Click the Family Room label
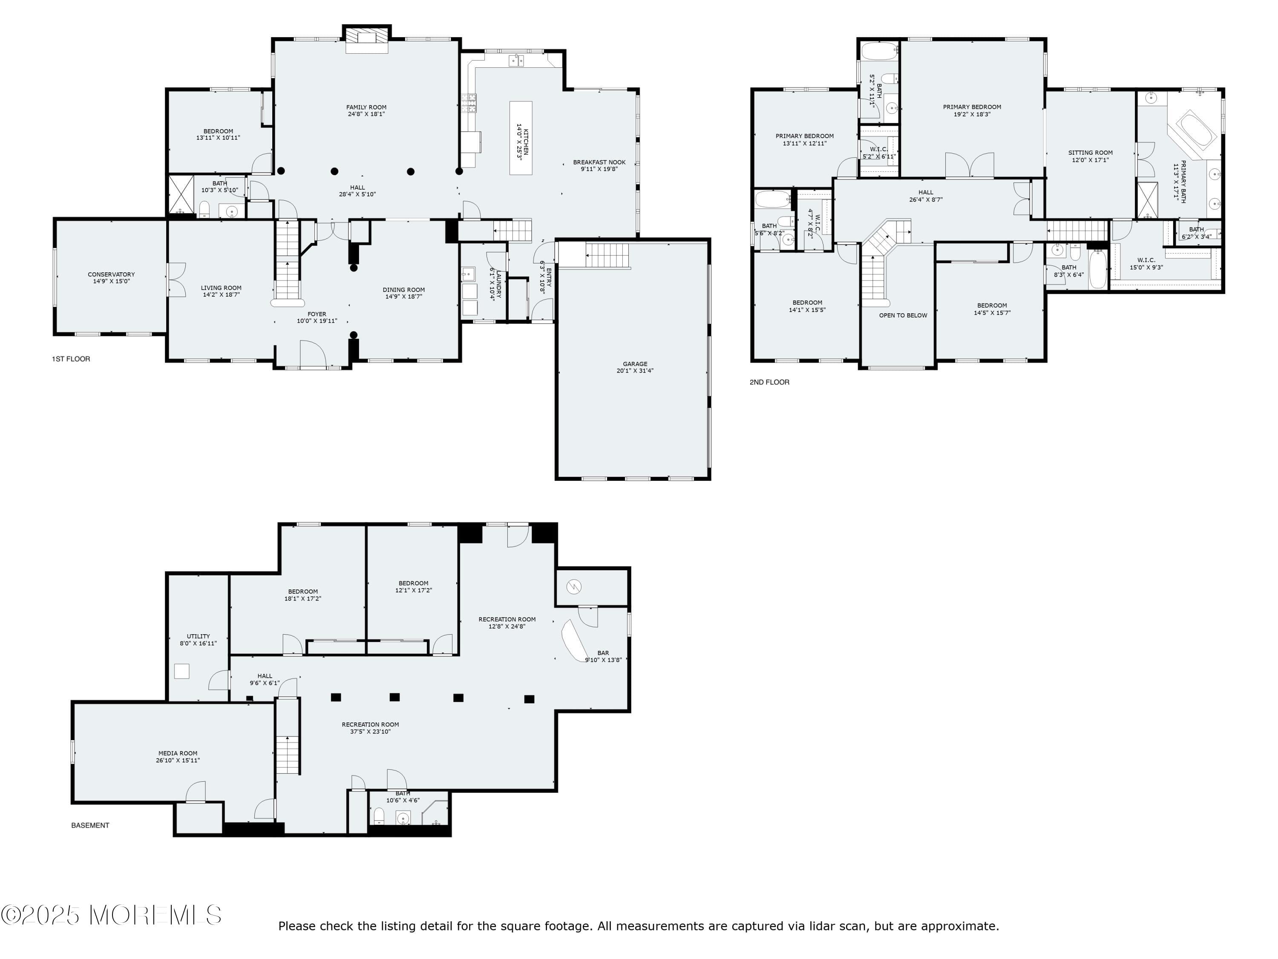(366, 107)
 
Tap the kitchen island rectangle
(521, 138)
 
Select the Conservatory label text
(112, 274)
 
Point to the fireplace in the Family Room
(367, 39)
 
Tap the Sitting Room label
(1090, 153)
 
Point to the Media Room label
(178, 753)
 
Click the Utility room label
(198, 636)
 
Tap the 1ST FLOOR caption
(71, 359)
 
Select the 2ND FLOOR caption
(769, 382)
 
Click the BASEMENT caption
(90, 826)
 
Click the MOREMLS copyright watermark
(111, 915)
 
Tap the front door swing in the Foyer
(313, 354)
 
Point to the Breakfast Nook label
(599, 162)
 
